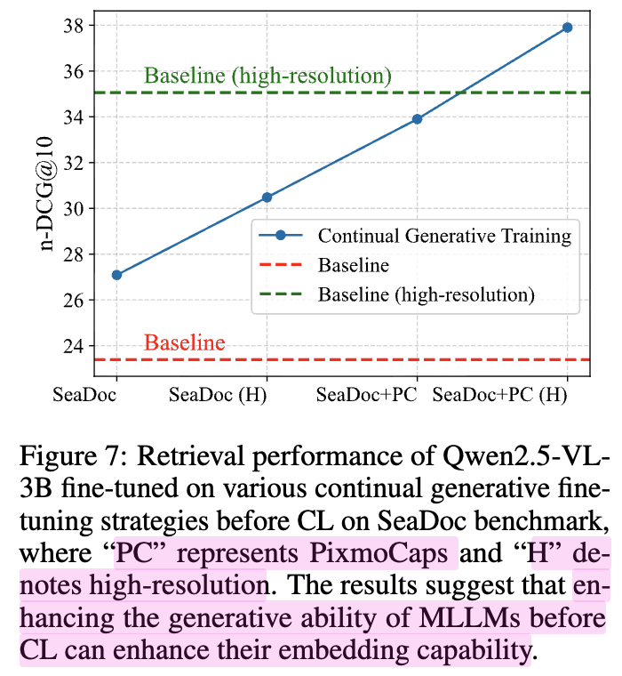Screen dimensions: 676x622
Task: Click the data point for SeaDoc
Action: pyautogui.click(x=116, y=275)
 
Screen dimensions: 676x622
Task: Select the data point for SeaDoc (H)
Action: pyautogui.click(x=267, y=197)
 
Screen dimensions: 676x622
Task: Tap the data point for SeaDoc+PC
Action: pyautogui.click(x=417, y=118)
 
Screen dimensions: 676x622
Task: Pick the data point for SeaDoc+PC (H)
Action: pyautogui.click(x=567, y=28)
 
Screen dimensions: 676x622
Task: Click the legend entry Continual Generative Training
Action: pyautogui.click(x=444, y=236)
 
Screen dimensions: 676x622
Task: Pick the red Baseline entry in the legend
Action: pyautogui.click(x=353, y=265)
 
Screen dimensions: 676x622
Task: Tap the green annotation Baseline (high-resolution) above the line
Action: pyautogui.click(x=267, y=76)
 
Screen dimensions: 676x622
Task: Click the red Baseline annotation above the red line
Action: pyautogui.click(x=185, y=343)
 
